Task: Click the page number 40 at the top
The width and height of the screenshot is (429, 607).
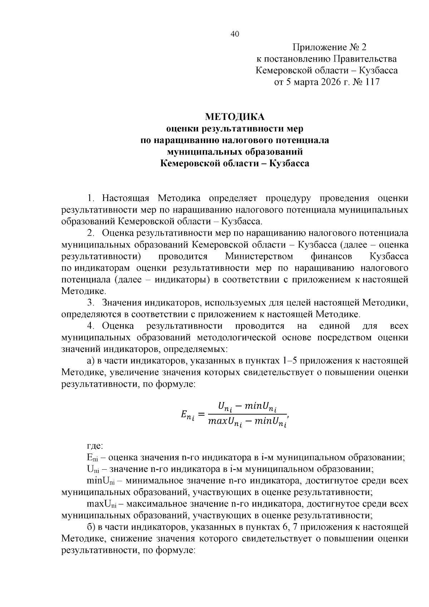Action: click(x=235, y=34)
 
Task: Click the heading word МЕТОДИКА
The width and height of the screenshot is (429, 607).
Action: click(x=235, y=117)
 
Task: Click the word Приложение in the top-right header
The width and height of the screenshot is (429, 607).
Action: click(x=315, y=47)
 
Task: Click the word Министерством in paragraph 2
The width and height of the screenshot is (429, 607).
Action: click(x=259, y=256)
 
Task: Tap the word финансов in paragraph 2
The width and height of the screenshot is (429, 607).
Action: click(x=332, y=256)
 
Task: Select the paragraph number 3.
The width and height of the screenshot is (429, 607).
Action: click(x=91, y=303)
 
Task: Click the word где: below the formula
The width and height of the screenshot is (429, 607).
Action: click(x=95, y=446)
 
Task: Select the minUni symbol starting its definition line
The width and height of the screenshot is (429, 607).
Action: click(x=102, y=481)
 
